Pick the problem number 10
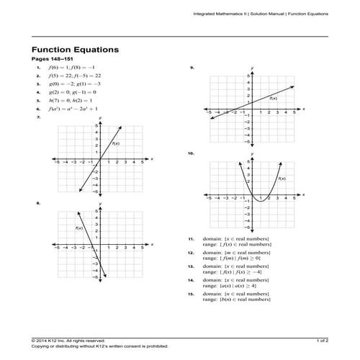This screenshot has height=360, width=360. (x=191, y=153)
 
